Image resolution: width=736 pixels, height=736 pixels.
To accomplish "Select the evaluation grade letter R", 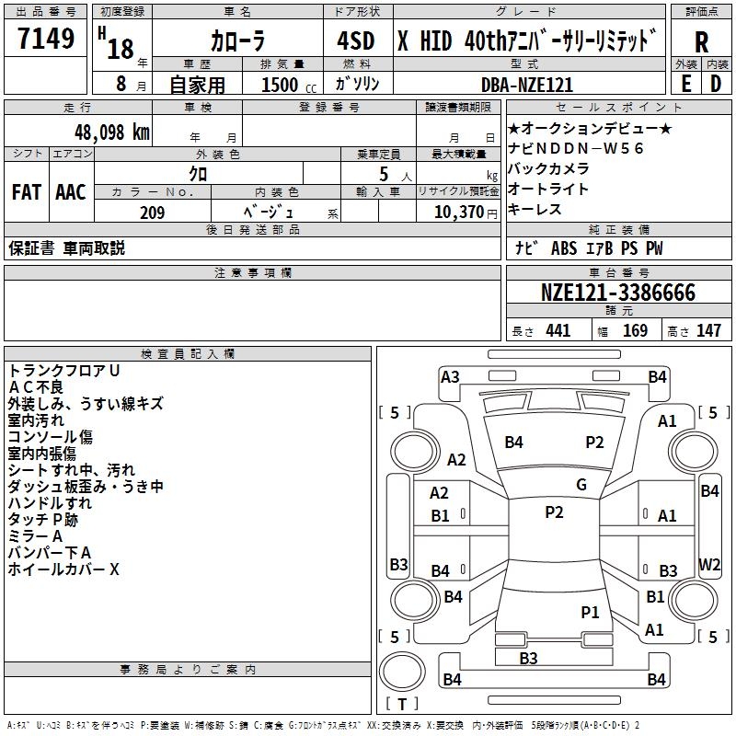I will click(702, 42).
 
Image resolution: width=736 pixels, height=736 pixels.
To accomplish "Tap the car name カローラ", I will click(238, 42).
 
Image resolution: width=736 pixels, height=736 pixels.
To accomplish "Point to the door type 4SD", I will click(356, 41).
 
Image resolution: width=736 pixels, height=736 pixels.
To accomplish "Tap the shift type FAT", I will click(27, 191).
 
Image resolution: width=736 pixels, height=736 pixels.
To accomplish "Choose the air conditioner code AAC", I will click(71, 191).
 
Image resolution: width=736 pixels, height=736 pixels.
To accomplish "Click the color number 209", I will click(152, 213).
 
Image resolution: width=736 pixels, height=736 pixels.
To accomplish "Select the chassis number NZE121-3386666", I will click(618, 293).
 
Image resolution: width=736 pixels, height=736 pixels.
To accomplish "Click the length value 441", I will click(558, 331).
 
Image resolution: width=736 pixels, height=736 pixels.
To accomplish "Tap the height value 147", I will click(708, 331).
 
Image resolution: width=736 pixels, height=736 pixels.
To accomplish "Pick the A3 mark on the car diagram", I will click(450, 376).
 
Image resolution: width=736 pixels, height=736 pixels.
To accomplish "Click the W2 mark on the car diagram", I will click(709, 564).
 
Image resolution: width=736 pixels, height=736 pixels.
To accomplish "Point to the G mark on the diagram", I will click(581, 485).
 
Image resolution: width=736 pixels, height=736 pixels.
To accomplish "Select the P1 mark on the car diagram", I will click(590, 612).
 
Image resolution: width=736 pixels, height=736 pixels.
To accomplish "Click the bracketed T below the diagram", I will click(402, 704).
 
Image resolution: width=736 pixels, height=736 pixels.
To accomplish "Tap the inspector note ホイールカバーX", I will click(64, 569).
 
